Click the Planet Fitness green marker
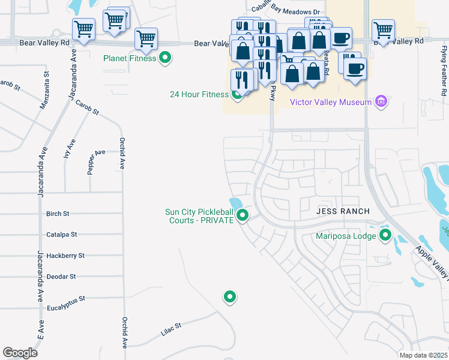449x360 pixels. (x=166, y=58)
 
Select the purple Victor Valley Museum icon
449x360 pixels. (x=380, y=101)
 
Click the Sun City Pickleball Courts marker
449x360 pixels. (x=243, y=215)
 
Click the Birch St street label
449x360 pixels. (x=58, y=214)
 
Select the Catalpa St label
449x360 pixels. (x=60, y=235)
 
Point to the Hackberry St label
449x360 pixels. (x=64, y=256)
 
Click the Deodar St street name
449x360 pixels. (x=61, y=277)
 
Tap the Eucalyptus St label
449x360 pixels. (x=66, y=298)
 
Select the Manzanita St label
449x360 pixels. (x=46, y=90)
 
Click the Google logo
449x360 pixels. (x=20, y=353)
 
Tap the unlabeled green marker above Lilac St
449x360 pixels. (x=229, y=296)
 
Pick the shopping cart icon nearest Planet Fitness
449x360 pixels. (x=146, y=40)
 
